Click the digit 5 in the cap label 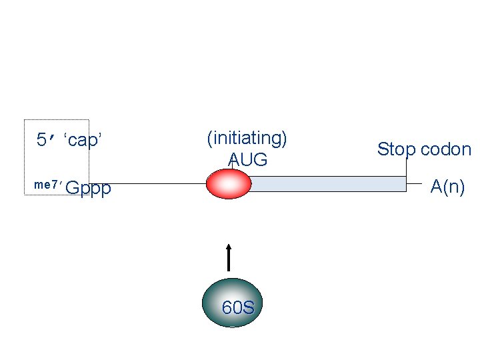click(x=42, y=140)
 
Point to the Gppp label click(x=89, y=189)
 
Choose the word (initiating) click(x=247, y=139)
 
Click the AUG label click(x=247, y=160)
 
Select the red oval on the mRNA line click(x=229, y=184)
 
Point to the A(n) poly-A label click(x=447, y=187)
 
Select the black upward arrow click(x=229, y=260)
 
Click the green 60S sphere click(x=230, y=303)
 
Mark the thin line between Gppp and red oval click(x=160, y=184)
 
